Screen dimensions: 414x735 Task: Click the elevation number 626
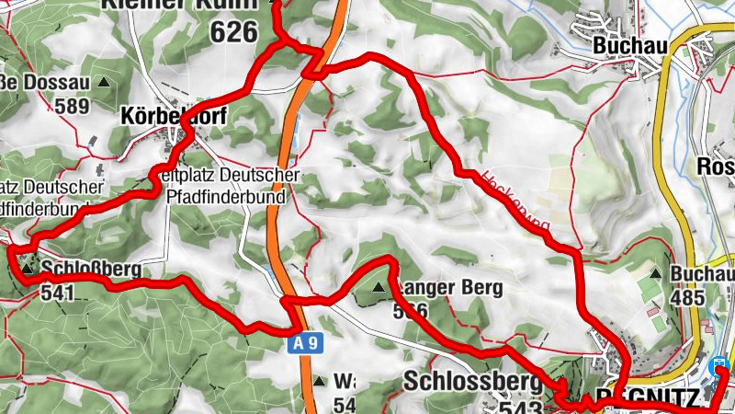[232, 33]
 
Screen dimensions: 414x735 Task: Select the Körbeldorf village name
[173, 117]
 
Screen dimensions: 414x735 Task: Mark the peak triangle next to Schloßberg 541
[28, 270]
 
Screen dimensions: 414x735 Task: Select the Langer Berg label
[449, 288]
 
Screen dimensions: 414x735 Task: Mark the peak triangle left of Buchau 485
[655, 274]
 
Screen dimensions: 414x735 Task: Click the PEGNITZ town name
[642, 399]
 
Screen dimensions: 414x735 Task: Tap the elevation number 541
[56, 292]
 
